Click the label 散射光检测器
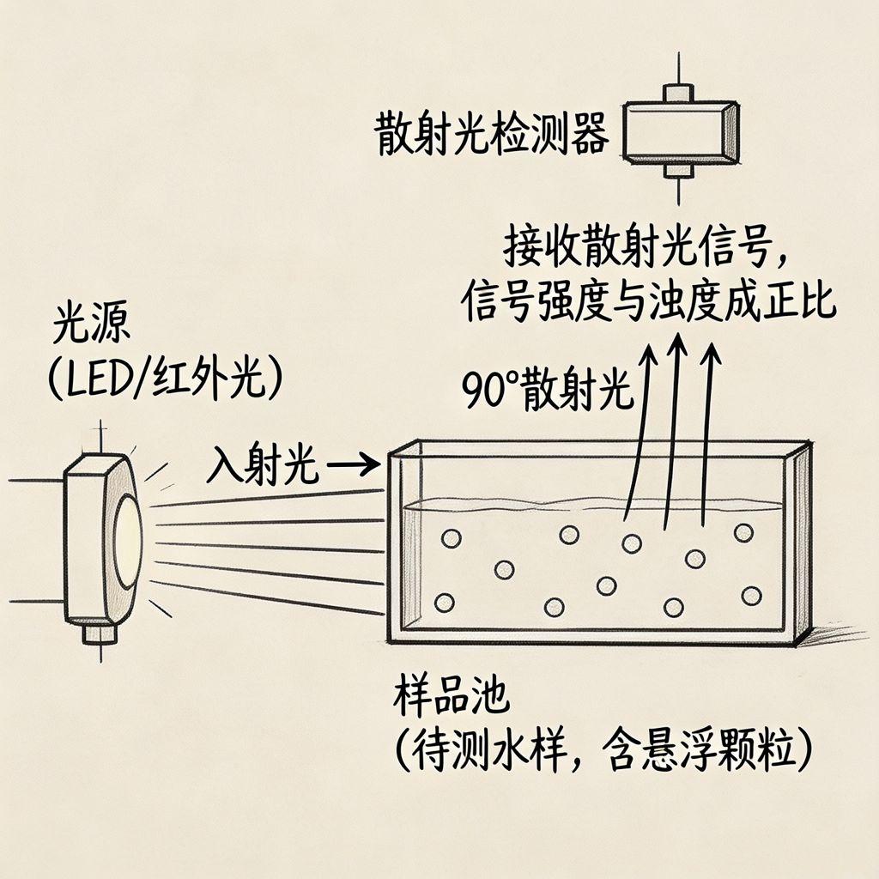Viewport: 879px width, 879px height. (x=491, y=135)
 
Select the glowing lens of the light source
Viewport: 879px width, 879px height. (x=128, y=541)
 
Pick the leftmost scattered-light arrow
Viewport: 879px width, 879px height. (x=640, y=429)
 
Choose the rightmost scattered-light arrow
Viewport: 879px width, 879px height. (x=709, y=433)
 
